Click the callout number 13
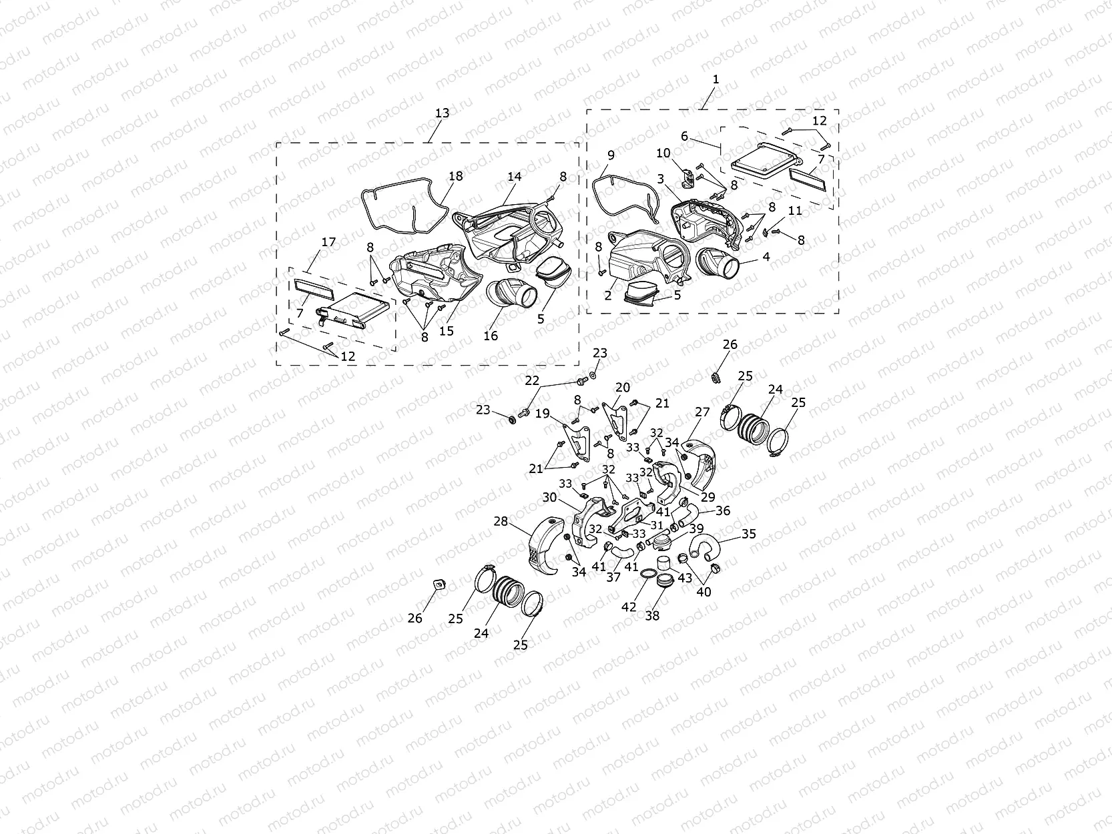[x=442, y=113]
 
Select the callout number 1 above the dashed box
[x=716, y=79]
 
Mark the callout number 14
[x=514, y=176]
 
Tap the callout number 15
[x=447, y=331]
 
